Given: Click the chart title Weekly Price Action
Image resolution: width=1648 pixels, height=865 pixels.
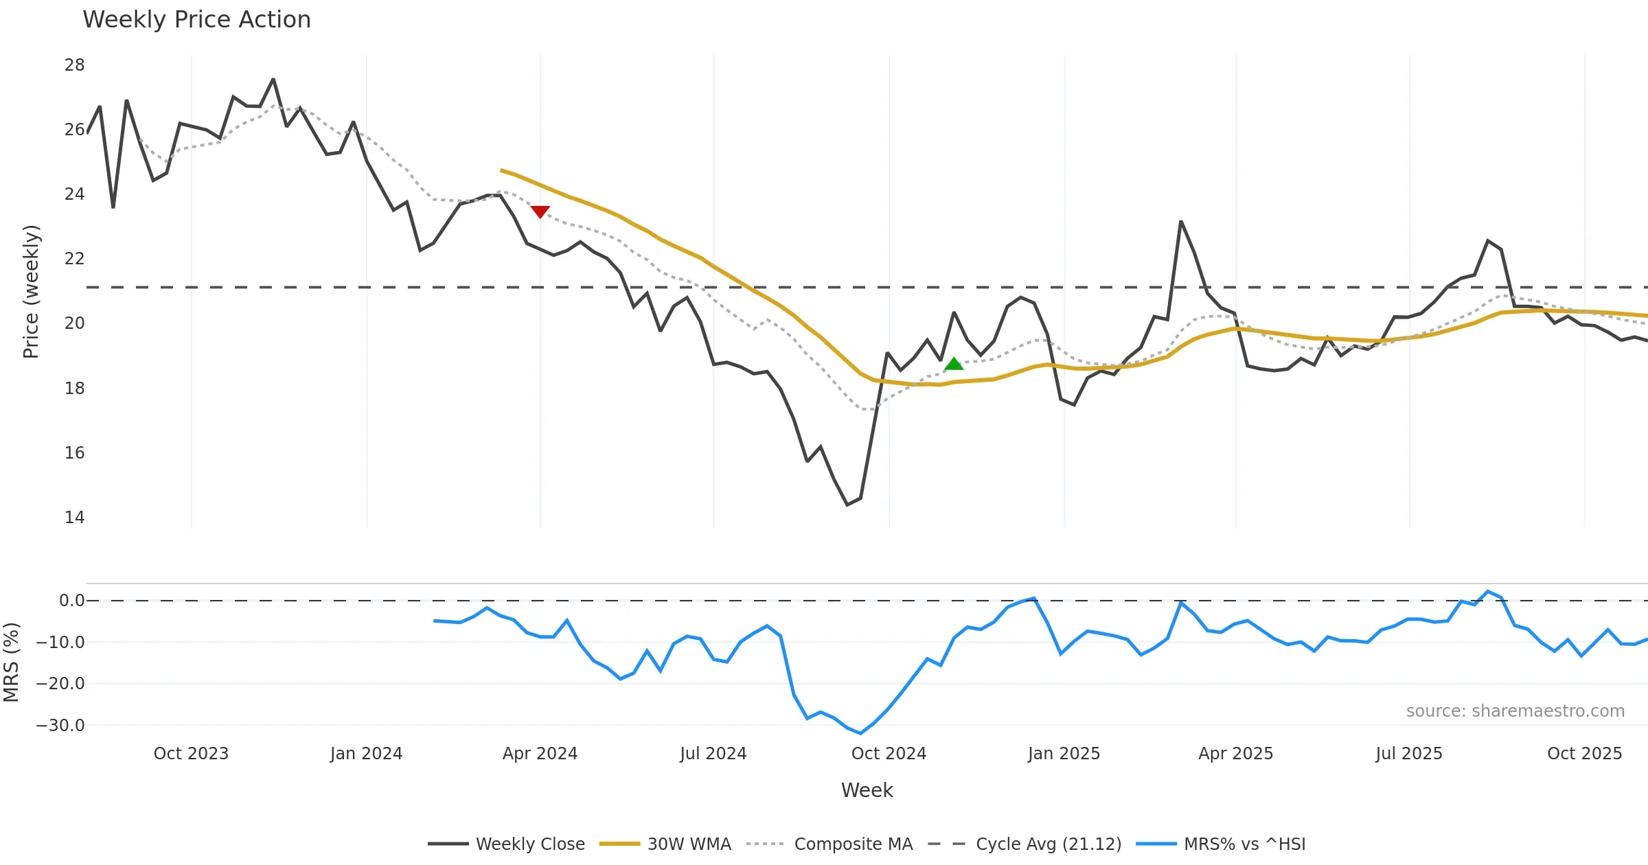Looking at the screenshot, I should (196, 20).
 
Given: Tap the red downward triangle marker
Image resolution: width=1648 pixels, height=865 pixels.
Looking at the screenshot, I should (540, 211).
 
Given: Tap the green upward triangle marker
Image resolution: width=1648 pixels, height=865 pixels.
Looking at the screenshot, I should (954, 365).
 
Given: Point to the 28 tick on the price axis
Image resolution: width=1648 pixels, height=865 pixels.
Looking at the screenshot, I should (74, 65).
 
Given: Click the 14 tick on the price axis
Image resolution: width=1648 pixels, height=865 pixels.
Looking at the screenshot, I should (74, 517).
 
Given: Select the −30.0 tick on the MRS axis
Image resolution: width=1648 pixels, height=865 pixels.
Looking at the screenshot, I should (60, 725).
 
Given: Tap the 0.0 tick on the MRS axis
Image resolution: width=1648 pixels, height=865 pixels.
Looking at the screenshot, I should (71, 601).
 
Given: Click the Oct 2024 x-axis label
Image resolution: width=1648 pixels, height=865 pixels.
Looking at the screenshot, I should (889, 754).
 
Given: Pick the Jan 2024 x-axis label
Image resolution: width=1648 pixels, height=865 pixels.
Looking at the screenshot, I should (366, 754).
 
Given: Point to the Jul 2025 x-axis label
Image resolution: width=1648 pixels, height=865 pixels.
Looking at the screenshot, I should (1409, 754).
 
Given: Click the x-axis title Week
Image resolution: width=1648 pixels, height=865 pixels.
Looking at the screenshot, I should (867, 790).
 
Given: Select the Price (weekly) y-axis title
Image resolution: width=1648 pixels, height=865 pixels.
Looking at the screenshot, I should (31, 292).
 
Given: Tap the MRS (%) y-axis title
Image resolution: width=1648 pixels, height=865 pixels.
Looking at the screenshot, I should (11, 662).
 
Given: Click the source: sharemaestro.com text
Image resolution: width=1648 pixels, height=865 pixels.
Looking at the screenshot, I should (1515, 711).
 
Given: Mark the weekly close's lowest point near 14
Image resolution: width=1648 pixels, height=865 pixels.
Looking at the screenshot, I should (847, 505).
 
